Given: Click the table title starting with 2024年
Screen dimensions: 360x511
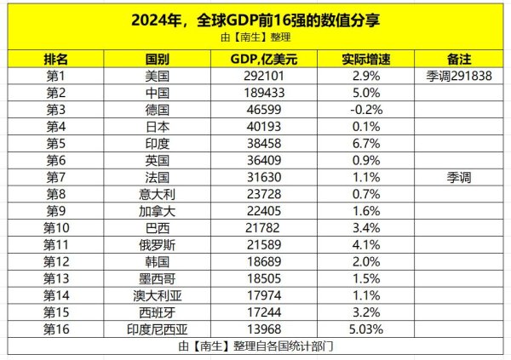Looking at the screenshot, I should click(x=255, y=20).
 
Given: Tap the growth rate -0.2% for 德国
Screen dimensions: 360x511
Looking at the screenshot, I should click(x=365, y=110).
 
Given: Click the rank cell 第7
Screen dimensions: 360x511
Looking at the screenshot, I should click(x=56, y=177).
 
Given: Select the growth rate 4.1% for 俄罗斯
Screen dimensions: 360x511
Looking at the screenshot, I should click(x=365, y=244).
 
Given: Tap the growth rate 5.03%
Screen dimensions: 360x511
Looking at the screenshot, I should click(x=365, y=329).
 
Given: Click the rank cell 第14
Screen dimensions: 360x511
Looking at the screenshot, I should click(x=56, y=294).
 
